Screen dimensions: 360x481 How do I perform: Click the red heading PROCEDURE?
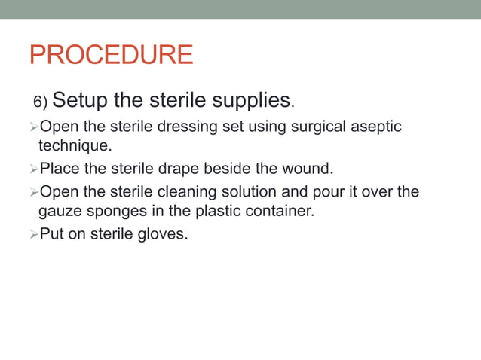click(x=111, y=55)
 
